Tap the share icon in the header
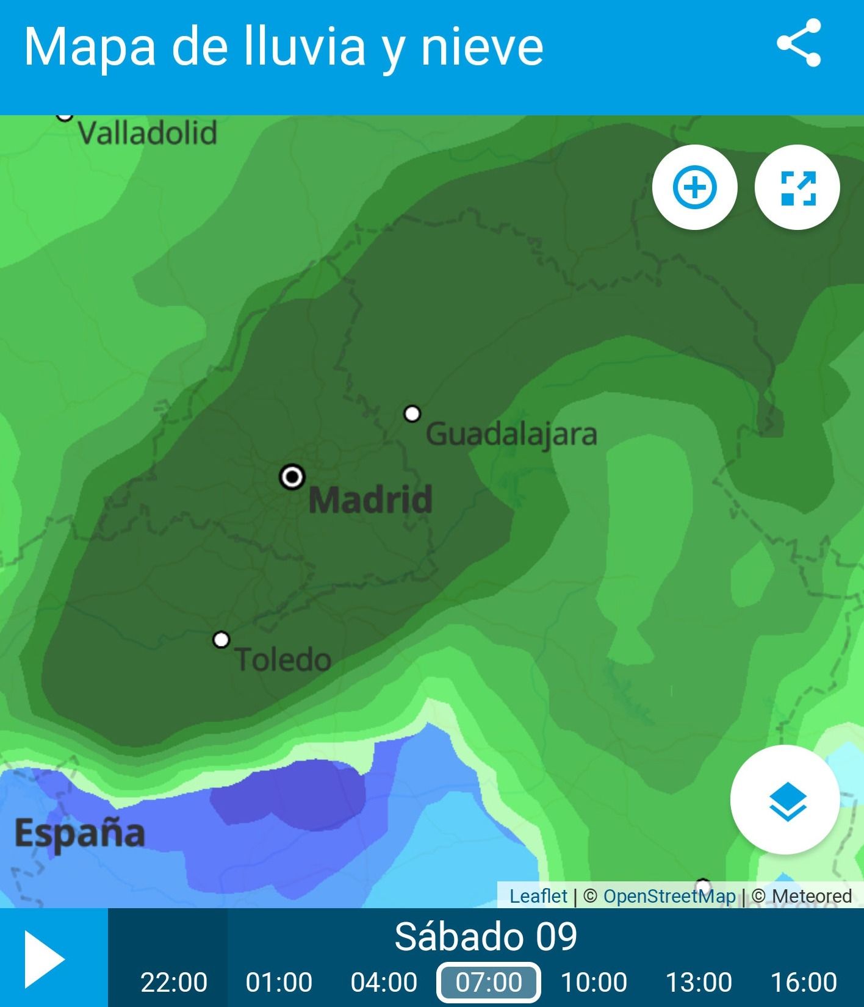[x=799, y=43]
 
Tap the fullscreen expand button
[x=797, y=187]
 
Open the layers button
[x=785, y=800]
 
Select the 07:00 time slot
[x=489, y=982]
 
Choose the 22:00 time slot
[x=174, y=982]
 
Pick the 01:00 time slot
[x=279, y=982]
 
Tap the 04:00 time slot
[x=384, y=982]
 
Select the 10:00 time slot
[x=594, y=982]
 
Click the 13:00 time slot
[x=699, y=982]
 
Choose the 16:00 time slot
[x=804, y=982]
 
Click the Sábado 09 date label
[x=486, y=937]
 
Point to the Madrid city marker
[x=292, y=476]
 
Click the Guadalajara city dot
[x=412, y=414]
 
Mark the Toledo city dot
[x=221, y=640]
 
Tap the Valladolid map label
[x=147, y=133]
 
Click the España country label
[x=80, y=833]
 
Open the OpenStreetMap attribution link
[x=669, y=896]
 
